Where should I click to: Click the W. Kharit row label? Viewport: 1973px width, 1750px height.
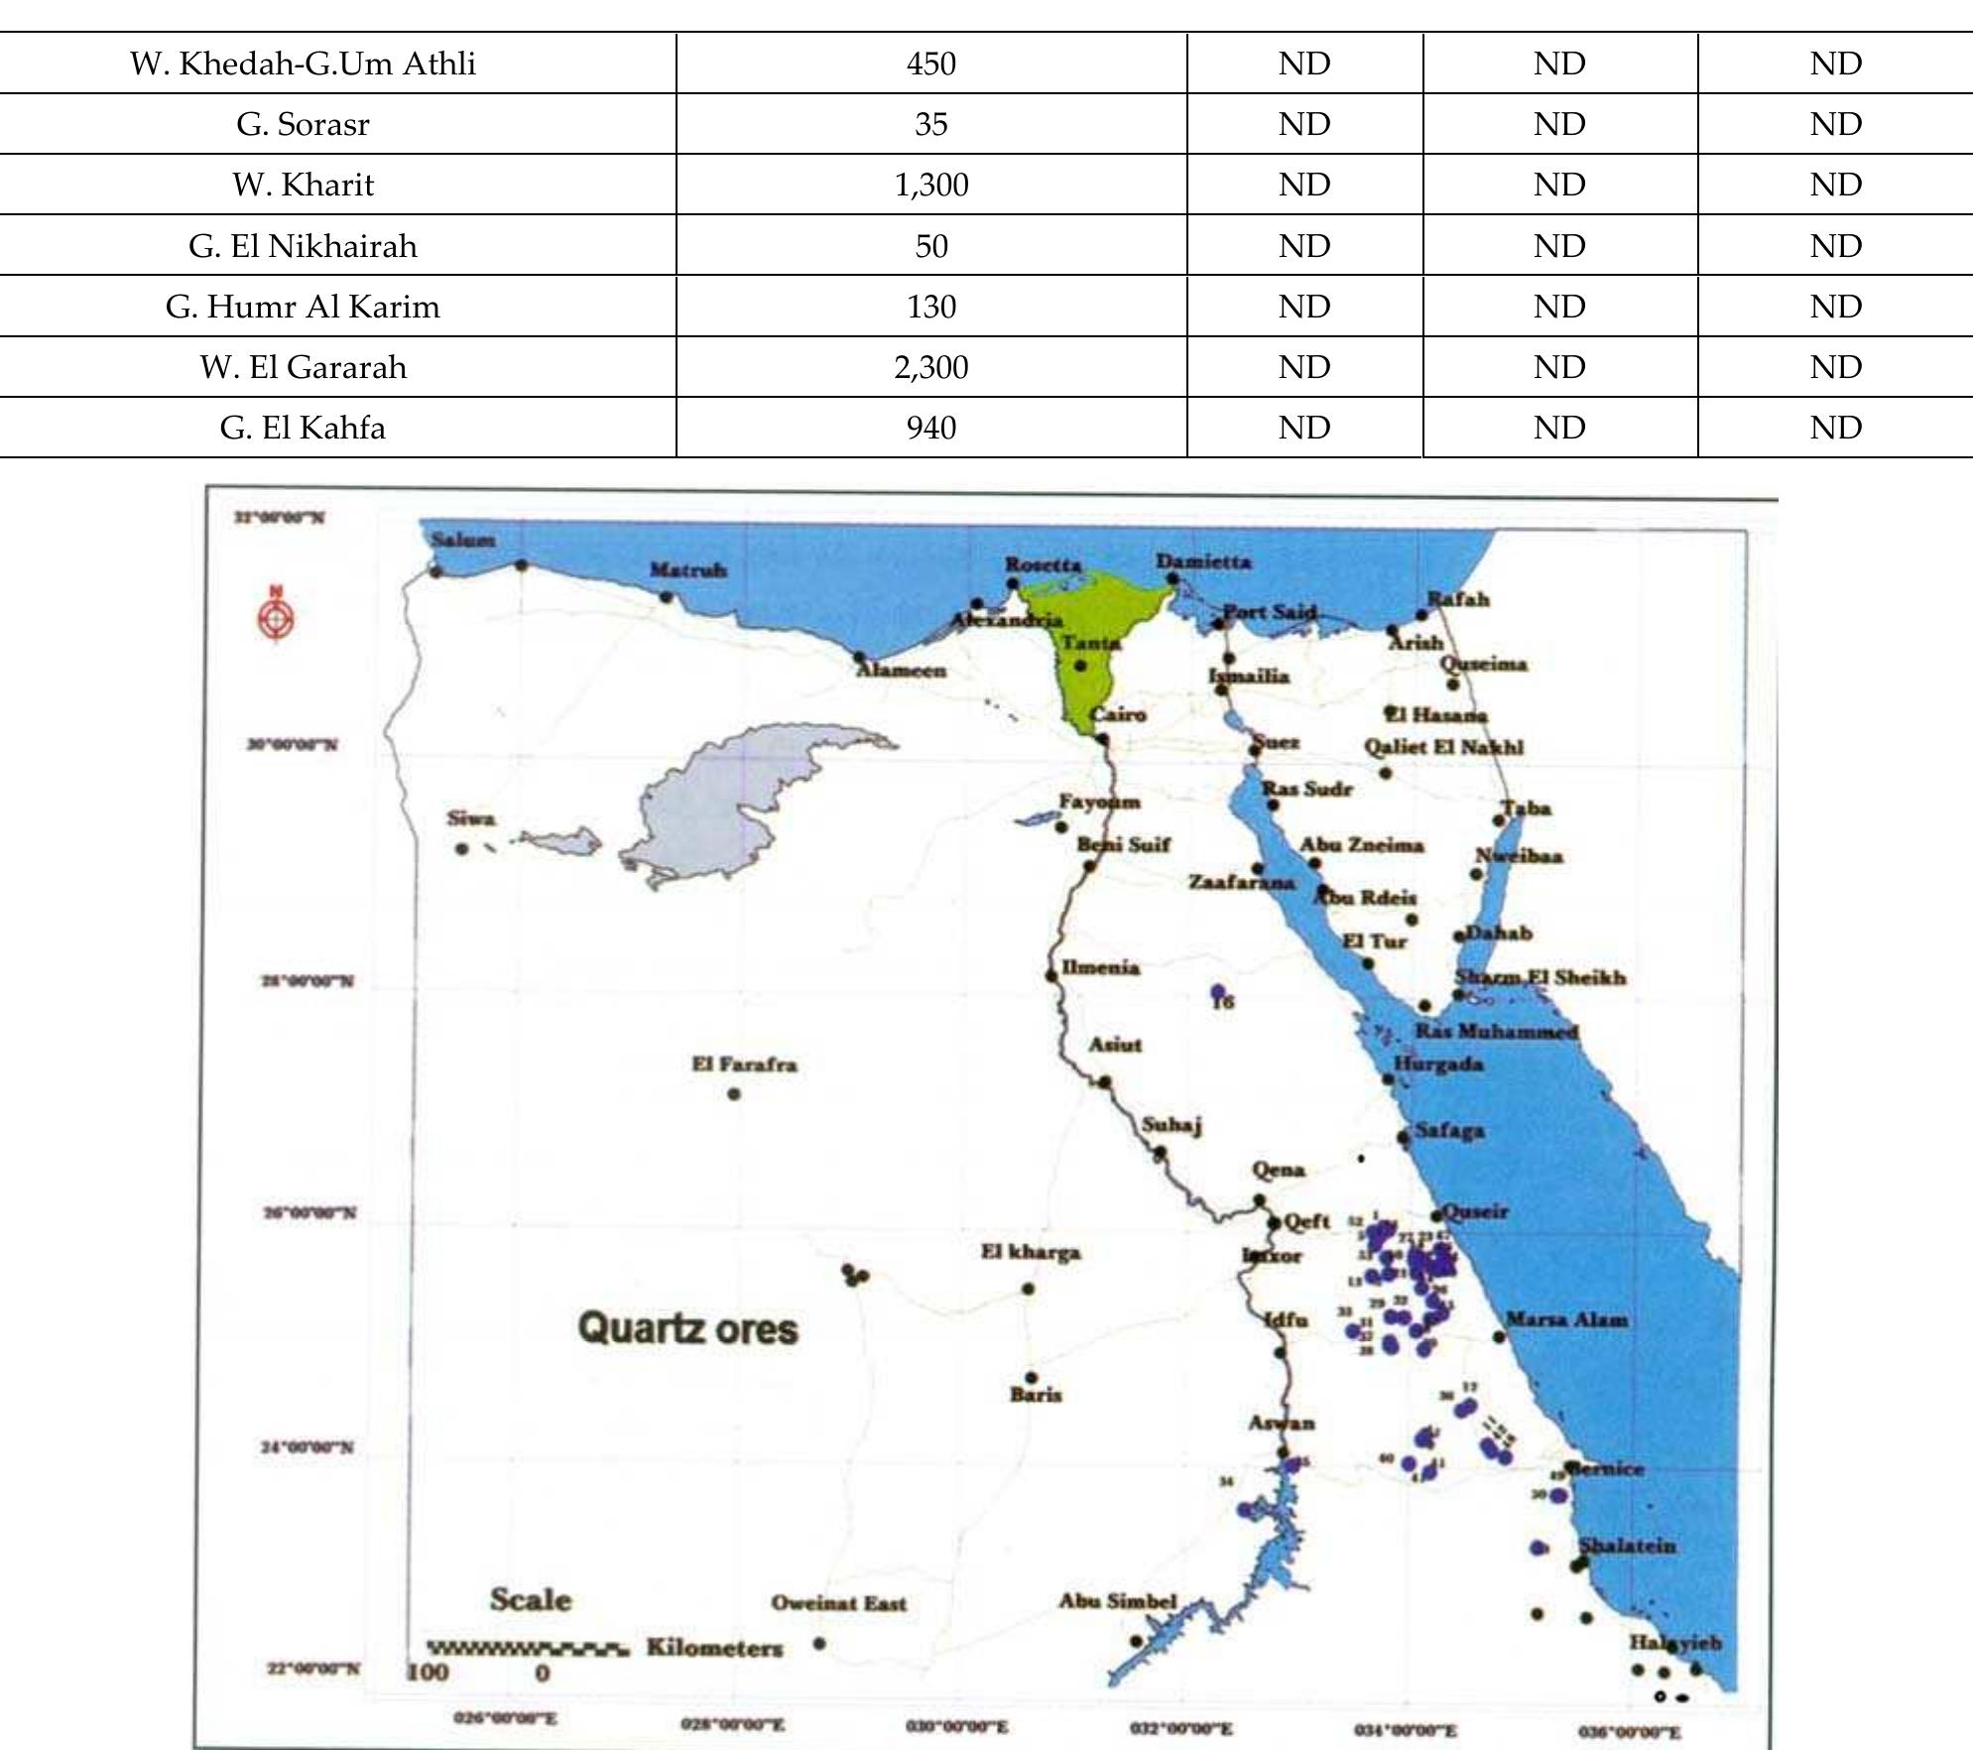pyautogui.click(x=303, y=185)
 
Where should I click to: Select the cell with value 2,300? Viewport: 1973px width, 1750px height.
pyautogui.click(x=930, y=367)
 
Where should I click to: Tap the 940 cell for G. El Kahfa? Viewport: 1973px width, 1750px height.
pyautogui.click(x=930, y=428)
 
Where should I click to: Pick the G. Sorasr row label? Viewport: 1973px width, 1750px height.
pyautogui.click(x=303, y=124)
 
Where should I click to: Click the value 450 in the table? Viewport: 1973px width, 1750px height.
pyautogui.click(x=930, y=63)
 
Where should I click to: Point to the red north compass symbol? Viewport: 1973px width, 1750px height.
pyautogui.click(x=276, y=618)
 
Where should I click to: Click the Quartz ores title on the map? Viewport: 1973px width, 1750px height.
pyautogui.click(x=687, y=1328)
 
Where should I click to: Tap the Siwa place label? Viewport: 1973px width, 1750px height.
pyautogui.click(x=470, y=818)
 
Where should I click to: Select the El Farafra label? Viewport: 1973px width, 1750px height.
pyautogui.click(x=744, y=1064)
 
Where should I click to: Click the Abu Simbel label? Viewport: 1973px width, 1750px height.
pyautogui.click(x=1117, y=1600)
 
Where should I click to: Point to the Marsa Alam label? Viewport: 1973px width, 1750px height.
pyautogui.click(x=1566, y=1319)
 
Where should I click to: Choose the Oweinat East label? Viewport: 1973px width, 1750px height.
pyautogui.click(x=838, y=1603)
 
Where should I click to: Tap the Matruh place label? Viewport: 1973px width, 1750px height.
pyautogui.click(x=687, y=569)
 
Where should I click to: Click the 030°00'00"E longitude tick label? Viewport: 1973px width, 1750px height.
pyautogui.click(x=956, y=1726)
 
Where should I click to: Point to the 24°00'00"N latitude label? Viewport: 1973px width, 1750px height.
pyautogui.click(x=307, y=1447)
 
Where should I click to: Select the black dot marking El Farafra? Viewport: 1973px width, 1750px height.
pyautogui.click(x=734, y=1094)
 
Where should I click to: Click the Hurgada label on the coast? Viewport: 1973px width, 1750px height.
pyautogui.click(x=1438, y=1063)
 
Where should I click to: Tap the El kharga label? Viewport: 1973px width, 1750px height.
pyautogui.click(x=1031, y=1252)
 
